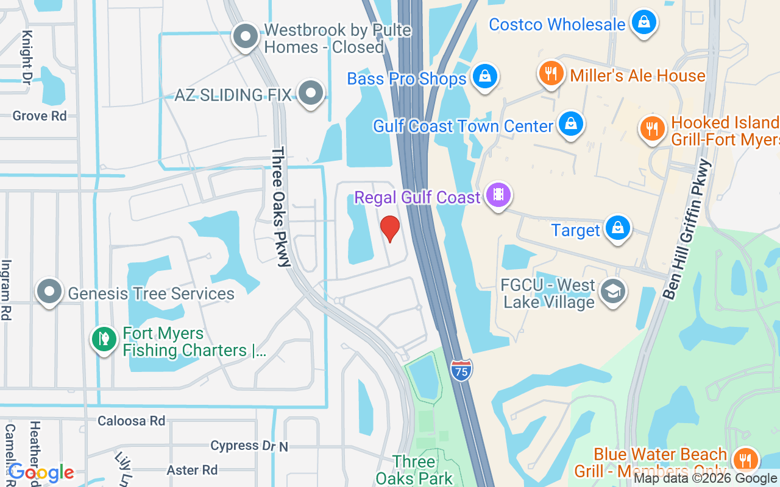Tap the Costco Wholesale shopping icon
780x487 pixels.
coord(643,23)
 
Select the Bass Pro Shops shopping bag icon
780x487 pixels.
coord(484,77)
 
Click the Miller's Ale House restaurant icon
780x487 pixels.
coord(551,74)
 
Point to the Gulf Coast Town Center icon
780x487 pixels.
coord(570,124)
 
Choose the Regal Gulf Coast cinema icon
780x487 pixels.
coord(498,195)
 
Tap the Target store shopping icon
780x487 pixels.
coord(618,228)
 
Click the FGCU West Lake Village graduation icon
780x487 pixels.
coord(612,292)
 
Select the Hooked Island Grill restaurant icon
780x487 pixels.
coord(652,128)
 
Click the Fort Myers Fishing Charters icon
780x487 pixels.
coord(104,339)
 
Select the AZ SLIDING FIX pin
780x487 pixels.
coord(311,93)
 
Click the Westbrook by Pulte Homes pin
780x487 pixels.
coord(246,36)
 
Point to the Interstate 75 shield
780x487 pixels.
coord(462,370)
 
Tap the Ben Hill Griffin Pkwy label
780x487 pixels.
coord(687,229)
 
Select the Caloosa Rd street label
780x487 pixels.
coord(131,421)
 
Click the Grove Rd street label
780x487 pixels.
coord(40,116)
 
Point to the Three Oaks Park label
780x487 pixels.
coord(414,470)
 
